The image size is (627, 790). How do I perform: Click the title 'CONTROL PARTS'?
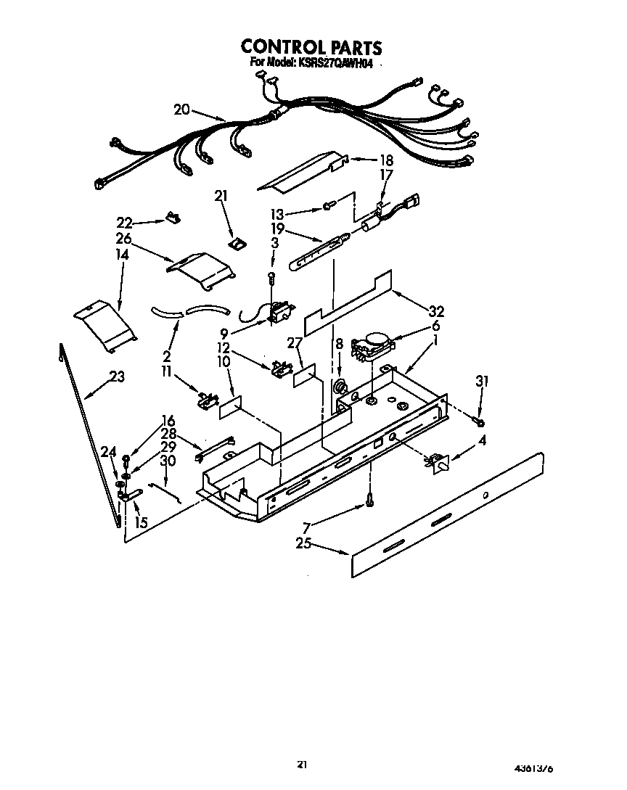point(311,48)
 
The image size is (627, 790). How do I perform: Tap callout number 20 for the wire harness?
point(181,110)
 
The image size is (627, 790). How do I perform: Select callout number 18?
point(385,160)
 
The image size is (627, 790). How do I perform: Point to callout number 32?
point(435,311)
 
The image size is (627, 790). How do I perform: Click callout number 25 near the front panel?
point(303,542)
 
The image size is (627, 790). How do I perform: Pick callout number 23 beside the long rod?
point(117,377)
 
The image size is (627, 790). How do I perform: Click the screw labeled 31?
point(480,420)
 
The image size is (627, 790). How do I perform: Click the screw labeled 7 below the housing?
point(371,498)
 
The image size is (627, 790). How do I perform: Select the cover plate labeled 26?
point(201,264)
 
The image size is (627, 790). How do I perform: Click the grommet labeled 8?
point(338,386)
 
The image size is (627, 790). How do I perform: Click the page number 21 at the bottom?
point(302,764)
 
